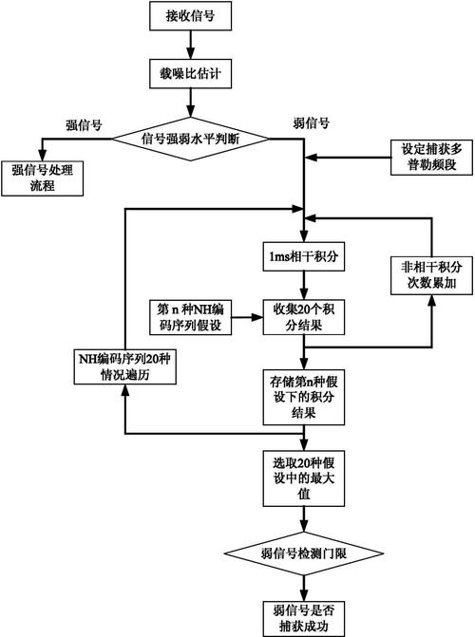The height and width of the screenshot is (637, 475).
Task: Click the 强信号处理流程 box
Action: (42, 178)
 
